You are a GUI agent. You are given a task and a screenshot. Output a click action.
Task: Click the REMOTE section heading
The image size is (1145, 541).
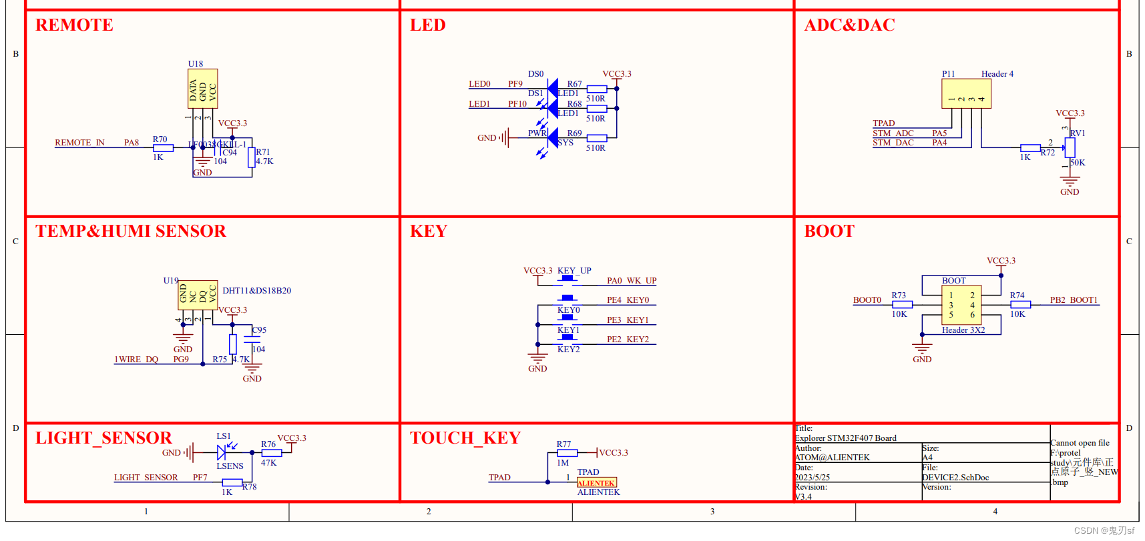74,25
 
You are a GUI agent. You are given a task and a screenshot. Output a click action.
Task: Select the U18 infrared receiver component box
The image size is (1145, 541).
202,89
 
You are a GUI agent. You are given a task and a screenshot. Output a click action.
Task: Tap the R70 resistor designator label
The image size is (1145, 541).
160,139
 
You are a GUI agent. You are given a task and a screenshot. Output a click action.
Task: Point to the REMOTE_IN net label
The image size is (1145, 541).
79,143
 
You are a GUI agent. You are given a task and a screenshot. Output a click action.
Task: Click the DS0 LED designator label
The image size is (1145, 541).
535,74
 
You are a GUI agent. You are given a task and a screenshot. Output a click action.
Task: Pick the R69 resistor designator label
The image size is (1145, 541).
574,133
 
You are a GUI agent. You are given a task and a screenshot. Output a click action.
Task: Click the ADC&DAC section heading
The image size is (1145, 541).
849,25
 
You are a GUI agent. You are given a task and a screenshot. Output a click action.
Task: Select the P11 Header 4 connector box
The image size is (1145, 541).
966,93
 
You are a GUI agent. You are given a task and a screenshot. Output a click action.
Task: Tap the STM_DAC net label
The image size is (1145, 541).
893,143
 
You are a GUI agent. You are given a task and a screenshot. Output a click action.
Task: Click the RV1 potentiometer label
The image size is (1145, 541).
1078,133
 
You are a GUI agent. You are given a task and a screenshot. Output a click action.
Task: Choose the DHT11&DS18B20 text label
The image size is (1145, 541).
256,291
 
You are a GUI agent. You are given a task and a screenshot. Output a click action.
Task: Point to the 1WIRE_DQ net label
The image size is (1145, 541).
136,360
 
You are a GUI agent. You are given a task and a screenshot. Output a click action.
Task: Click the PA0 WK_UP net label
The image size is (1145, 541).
631,281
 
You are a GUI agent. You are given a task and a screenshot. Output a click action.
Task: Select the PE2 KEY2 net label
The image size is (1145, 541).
628,340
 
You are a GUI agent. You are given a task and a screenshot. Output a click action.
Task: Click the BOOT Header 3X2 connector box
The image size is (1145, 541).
961,306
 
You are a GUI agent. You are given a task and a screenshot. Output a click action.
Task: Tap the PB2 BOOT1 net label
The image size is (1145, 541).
1074,300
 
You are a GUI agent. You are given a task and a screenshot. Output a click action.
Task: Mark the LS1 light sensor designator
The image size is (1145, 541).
223,436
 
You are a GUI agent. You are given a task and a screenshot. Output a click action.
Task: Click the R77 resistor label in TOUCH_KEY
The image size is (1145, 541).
563,444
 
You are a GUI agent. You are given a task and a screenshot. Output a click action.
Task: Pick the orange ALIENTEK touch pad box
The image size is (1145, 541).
596,483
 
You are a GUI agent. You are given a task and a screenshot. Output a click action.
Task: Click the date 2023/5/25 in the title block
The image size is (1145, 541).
812,478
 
